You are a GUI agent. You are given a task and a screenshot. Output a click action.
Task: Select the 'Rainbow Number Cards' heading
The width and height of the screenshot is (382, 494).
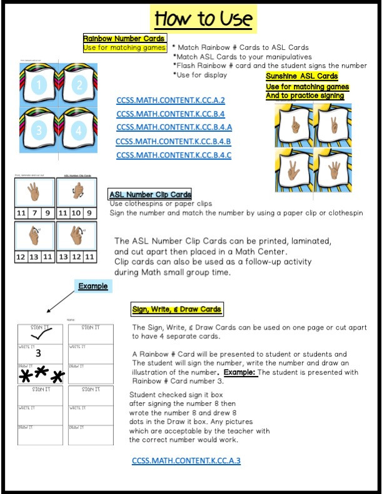tap(124, 38)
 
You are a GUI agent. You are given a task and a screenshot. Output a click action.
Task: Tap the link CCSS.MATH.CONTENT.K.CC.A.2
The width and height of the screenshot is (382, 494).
tap(171, 100)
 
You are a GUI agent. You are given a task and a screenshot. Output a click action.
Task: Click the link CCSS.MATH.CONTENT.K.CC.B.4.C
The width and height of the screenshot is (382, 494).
tap(173, 155)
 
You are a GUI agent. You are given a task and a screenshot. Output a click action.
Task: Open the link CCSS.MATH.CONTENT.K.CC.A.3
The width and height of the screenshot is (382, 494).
tap(186, 461)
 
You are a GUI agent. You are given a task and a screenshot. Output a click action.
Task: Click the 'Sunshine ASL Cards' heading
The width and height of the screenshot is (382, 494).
tap(302, 76)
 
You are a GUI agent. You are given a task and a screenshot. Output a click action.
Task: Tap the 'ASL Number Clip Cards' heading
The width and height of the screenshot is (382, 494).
tap(150, 195)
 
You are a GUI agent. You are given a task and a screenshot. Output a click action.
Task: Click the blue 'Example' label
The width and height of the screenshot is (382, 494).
tap(93, 286)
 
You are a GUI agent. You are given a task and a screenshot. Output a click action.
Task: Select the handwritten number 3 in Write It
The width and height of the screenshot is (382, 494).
tap(38, 353)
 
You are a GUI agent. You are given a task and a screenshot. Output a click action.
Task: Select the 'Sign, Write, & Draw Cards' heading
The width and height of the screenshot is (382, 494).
tap(176, 309)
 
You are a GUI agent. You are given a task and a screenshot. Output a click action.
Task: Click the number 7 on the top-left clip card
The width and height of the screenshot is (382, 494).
tap(34, 213)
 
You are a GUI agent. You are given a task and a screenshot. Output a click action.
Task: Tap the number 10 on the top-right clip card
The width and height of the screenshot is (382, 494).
tap(76, 213)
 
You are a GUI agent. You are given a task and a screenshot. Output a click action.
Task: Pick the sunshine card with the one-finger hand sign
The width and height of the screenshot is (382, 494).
tap(293, 125)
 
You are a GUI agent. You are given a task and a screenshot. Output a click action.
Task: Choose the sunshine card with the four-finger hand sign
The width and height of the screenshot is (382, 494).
tap(332, 169)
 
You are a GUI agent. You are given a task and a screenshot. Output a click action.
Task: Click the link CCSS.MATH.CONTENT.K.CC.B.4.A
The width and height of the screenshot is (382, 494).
tap(174, 127)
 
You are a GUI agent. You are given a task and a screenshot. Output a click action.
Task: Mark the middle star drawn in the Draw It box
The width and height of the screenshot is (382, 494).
tap(42, 373)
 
